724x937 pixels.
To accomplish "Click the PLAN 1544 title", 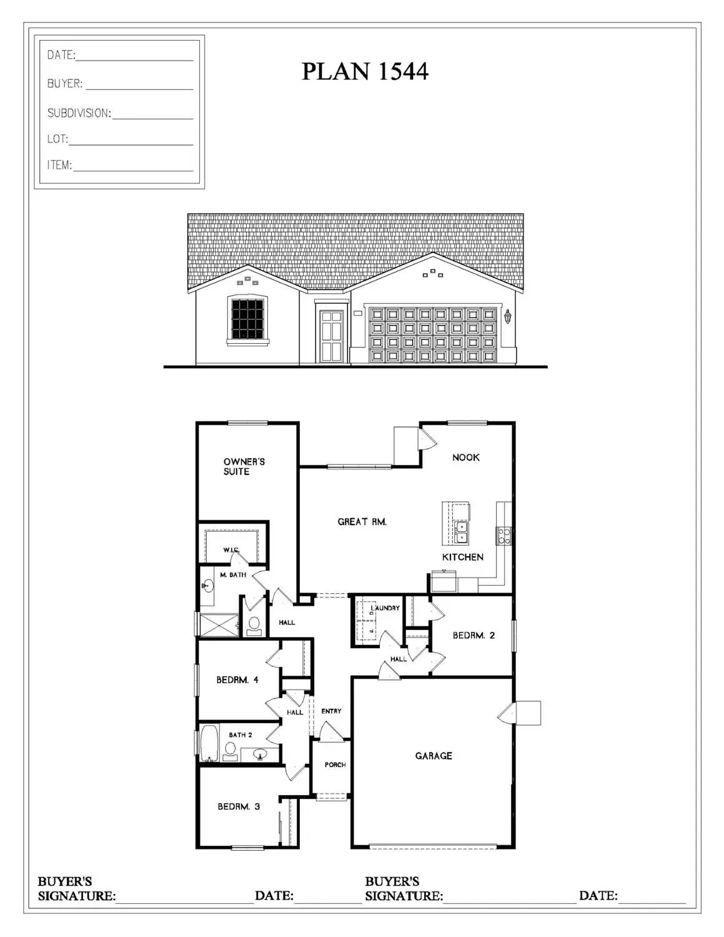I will (x=365, y=71).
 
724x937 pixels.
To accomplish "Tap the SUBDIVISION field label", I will (x=79, y=113).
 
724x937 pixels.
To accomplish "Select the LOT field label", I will (x=57, y=139).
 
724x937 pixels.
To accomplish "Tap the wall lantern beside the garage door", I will (x=507, y=317).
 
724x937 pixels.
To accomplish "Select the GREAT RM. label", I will (x=362, y=521).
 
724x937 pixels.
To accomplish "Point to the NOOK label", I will (x=465, y=458).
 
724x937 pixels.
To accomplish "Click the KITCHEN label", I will (x=462, y=557).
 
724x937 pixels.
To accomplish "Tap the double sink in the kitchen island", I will (x=462, y=532).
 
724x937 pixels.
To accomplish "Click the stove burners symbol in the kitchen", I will (x=503, y=535).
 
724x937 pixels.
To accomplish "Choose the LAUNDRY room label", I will (x=385, y=608).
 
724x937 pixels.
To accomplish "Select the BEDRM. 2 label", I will (x=474, y=635).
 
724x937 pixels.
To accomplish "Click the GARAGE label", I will (x=434, y=756).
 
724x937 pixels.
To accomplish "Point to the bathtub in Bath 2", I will (x=209, y=743).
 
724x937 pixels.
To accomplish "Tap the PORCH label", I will (x=335, y=764).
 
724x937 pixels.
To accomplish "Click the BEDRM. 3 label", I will (x=239, y=806).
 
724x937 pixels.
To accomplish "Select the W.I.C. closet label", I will (x=231, y=550).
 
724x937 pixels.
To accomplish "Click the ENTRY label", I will (x=331, y=711).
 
